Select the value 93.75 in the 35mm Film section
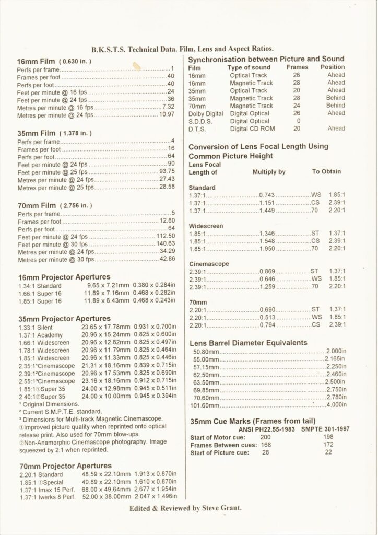167,171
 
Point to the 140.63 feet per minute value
165,243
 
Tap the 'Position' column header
333,67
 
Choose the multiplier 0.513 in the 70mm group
267,317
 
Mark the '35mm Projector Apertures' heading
65,318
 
